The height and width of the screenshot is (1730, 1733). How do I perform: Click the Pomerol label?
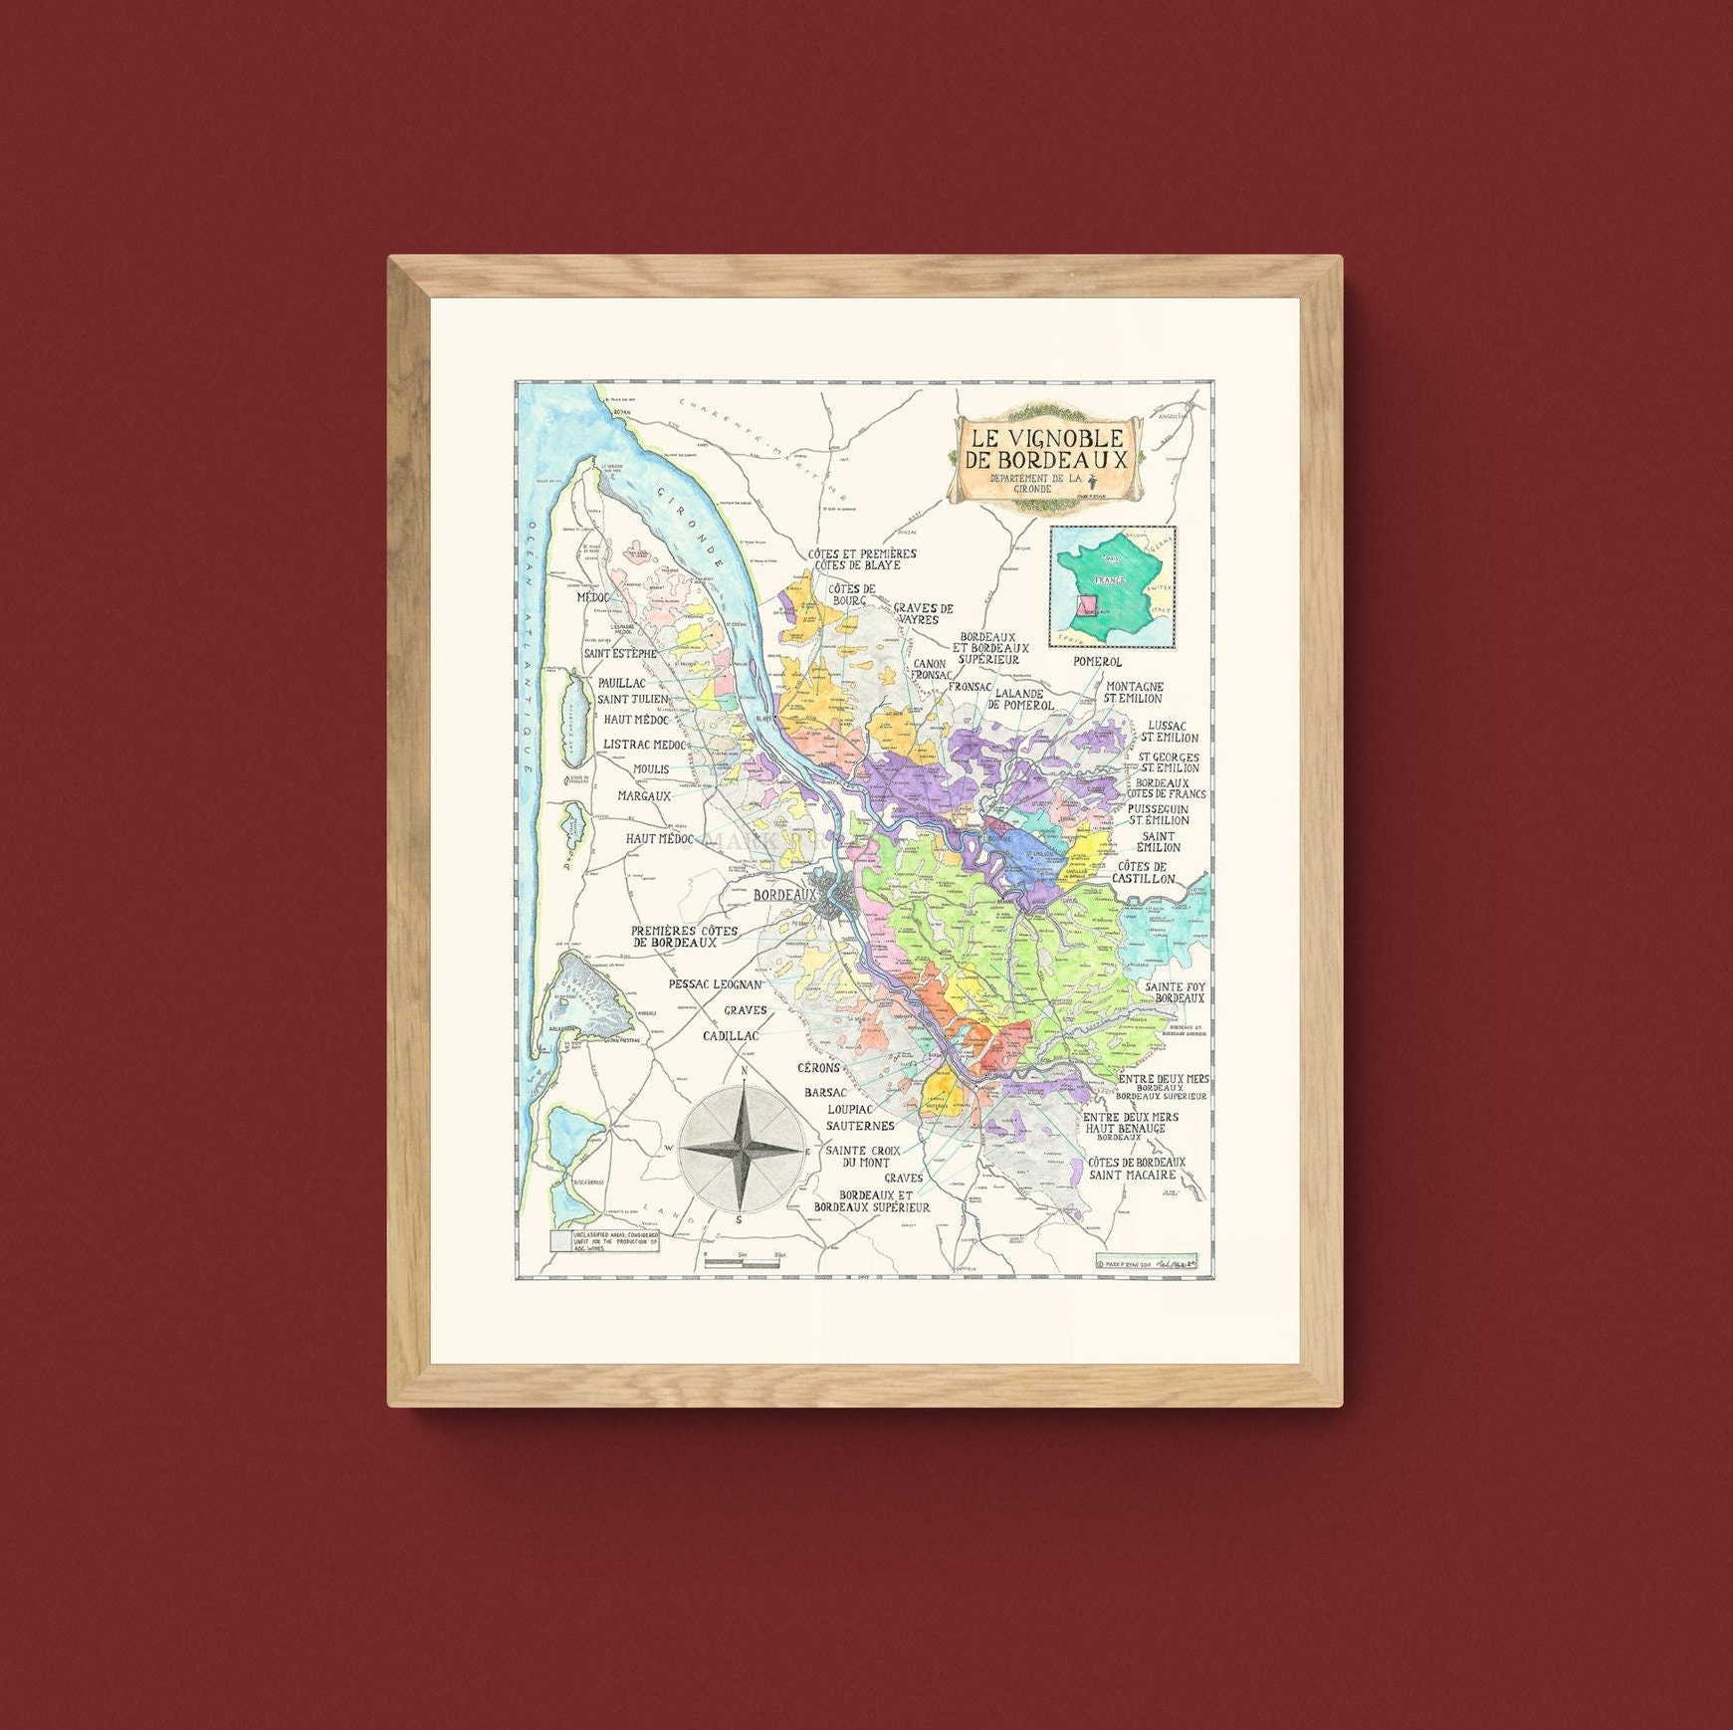tap(1098, 661)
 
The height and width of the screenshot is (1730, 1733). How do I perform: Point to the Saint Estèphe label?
tap(620, 654)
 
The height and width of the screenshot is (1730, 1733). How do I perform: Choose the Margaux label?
tap(644, 796)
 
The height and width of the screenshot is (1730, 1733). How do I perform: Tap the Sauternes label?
tap(860, 1126)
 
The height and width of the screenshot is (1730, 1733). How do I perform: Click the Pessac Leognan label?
tap(715, 984)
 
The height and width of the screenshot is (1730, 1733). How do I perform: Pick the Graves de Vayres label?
tap(923, 613)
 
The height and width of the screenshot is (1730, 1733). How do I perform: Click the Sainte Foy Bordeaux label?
tap(1175, 992)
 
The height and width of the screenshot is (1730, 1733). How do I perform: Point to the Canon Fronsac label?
tap(929, 669)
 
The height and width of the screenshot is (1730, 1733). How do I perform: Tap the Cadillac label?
tap(731, 1036)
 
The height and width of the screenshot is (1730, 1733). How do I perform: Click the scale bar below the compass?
tap(743, 1263)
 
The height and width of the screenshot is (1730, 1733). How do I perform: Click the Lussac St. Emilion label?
tap(1173, 732)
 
